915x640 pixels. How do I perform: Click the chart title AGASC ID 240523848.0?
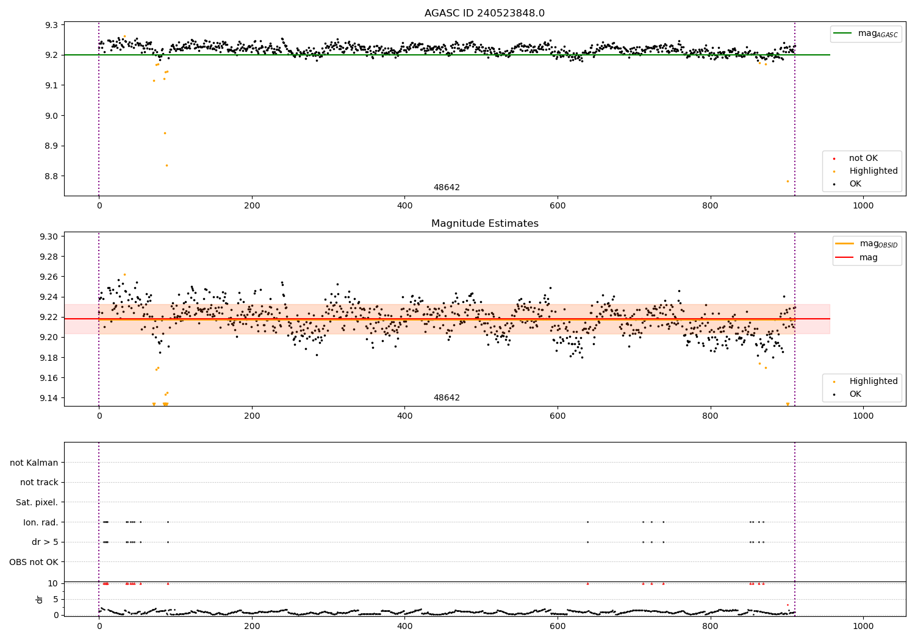point(484,13)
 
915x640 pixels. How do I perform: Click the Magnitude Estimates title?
point(484,224)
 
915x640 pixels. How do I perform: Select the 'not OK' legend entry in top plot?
point(863,158)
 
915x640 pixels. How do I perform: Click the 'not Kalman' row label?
point(34,463)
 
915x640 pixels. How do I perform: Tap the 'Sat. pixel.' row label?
point(37,502)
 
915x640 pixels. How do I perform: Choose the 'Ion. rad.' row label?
point(41,522)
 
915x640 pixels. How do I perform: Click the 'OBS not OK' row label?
point(34,562)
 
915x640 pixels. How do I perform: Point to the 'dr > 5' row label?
point(45,542)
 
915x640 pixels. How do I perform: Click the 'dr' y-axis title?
point(40,599)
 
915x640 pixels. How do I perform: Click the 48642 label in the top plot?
point(447,188)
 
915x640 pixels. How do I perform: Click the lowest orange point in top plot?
point(788,181)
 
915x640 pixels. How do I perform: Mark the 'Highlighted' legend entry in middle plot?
point(873,382)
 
